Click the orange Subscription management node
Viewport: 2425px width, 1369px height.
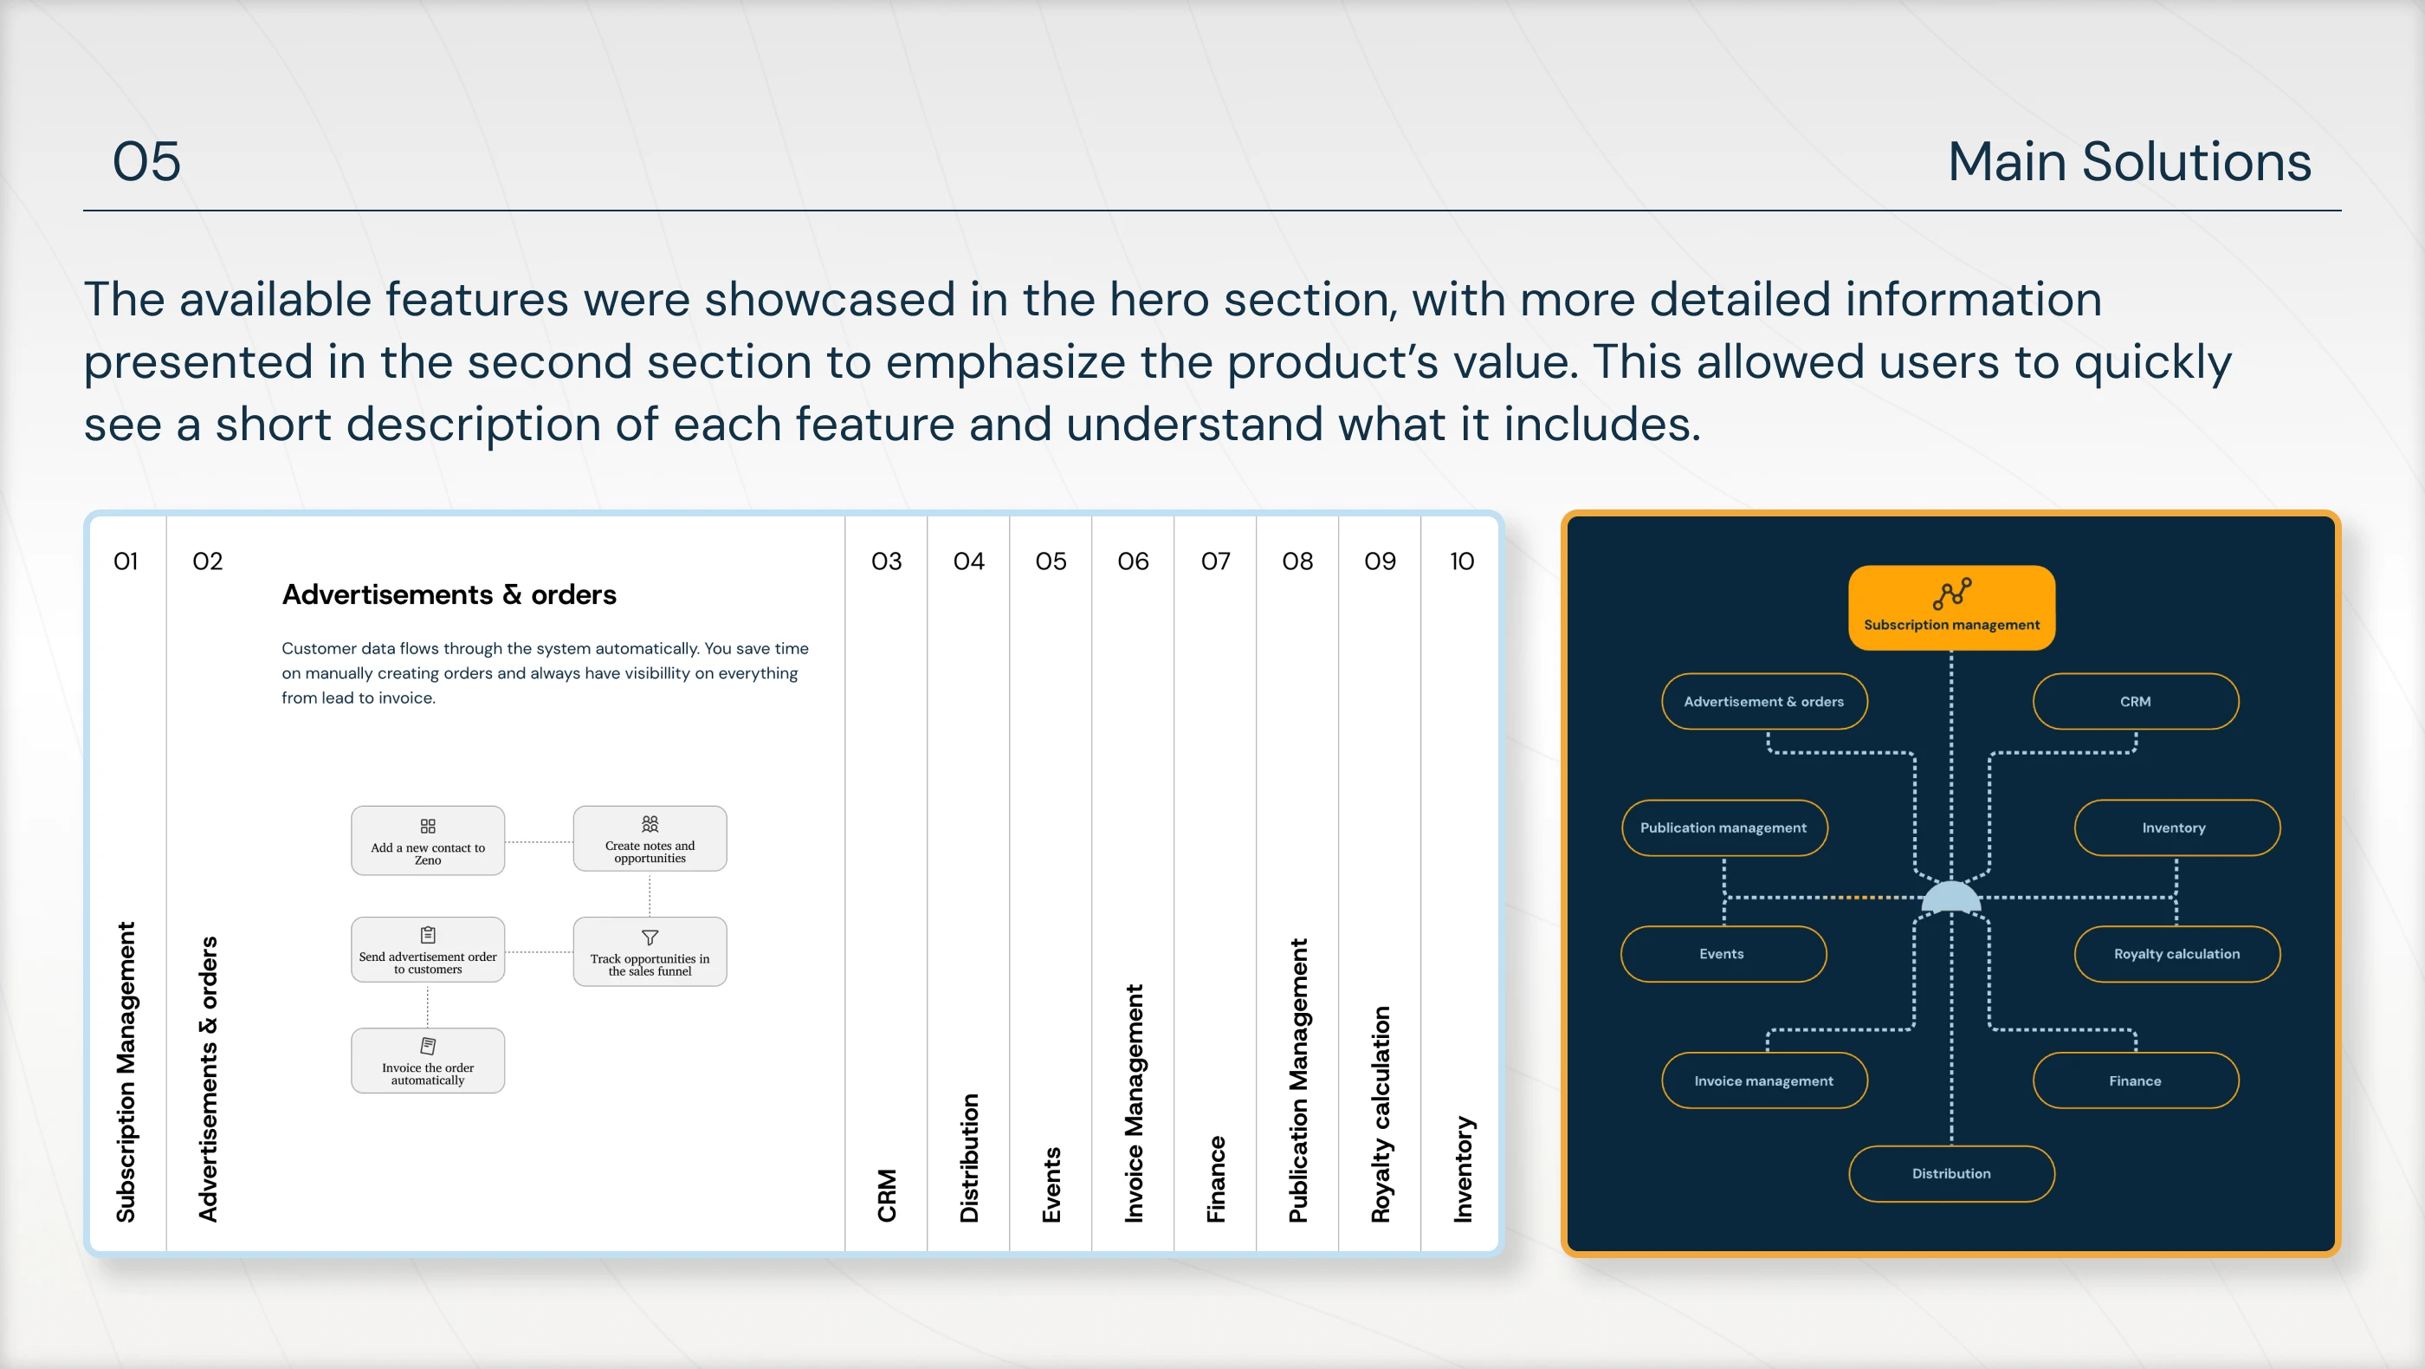coord(1950,607)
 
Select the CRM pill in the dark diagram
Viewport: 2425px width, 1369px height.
coord(2135,702)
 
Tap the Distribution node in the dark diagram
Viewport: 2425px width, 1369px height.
coord(1950,1173)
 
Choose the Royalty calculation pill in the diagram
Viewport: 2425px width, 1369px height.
coord(2176,954)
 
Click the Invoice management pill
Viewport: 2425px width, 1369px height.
coord(1764,1080)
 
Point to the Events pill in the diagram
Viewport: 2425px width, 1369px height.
coord(1723,954)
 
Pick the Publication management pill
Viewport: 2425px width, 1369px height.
coord(1723,827)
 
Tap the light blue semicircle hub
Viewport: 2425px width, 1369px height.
coord(1950,896)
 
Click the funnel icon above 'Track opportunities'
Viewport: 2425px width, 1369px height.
coord(650,938)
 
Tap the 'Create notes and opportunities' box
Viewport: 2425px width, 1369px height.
coord(650,838)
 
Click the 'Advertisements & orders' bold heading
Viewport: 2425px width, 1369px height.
coord(449,594)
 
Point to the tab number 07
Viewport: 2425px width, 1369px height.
coord(1215,561)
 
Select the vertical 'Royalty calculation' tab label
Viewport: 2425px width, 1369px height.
coord(1380,1114)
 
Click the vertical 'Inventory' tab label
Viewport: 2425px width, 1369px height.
coord(1462,1170)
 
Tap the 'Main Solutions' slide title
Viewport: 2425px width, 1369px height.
coord(2130,161)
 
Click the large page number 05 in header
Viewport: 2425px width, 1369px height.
coord(147,161)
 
